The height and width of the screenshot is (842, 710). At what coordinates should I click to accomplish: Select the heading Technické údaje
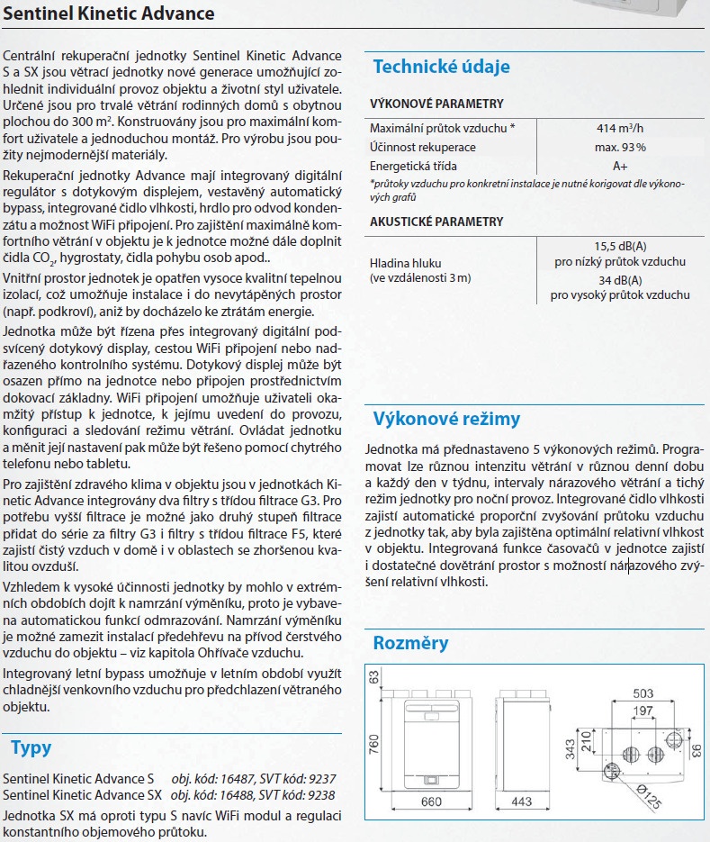click(441, 66)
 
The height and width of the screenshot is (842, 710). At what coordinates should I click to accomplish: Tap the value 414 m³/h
click(621, 128)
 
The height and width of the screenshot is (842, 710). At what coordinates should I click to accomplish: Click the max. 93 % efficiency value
click(621, 147)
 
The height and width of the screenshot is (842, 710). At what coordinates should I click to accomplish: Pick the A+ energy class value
click(621, 166)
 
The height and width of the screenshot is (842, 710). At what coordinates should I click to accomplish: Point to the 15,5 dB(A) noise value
click(620, 246)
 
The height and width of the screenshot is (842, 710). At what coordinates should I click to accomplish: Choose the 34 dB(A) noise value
click(620, 279)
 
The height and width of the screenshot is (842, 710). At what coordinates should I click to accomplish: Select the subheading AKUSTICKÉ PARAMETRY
click(436, 222)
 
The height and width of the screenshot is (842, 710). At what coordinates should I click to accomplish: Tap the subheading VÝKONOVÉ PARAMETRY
click(436, 104)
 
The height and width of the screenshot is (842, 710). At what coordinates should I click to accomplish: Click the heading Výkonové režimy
click(446, 419)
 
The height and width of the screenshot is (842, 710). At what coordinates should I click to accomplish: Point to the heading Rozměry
click(410, 643)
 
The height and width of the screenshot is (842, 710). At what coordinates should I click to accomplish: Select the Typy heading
click(31, 747)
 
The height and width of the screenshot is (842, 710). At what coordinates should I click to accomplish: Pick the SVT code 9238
click(320, 795)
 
